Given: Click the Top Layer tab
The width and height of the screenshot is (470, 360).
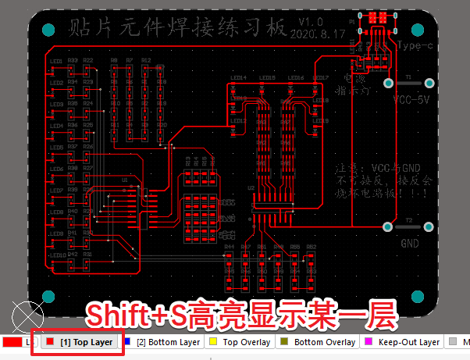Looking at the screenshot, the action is (81, 342).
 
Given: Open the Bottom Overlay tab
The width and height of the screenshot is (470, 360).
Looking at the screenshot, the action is (324, 342).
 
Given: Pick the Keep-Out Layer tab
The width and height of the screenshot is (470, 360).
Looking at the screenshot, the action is (408, 342).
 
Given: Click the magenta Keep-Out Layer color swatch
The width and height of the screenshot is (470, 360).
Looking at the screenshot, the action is (369, 342).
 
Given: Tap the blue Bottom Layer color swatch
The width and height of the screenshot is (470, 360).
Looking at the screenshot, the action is (127, 342).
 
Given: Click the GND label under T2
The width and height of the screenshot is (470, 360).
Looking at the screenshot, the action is (410, 243).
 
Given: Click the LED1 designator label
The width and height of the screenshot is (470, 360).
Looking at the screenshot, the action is (56, 60).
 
